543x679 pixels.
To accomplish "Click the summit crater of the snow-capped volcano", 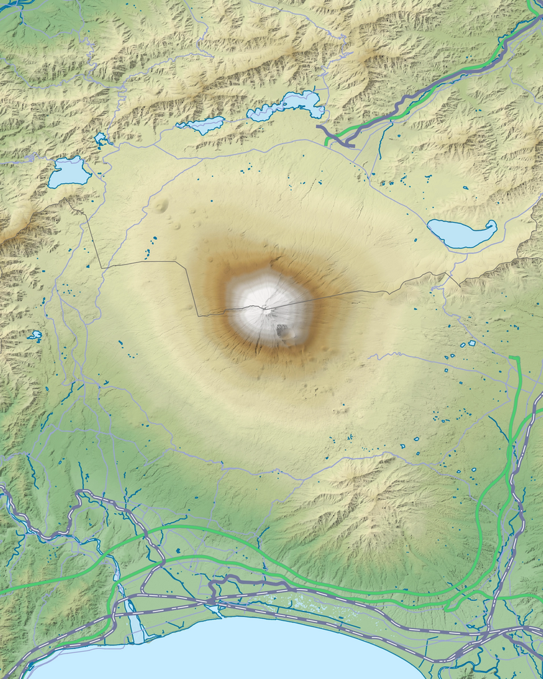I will (x=265, y=307).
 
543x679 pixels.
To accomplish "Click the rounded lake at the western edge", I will (x=69, y=172).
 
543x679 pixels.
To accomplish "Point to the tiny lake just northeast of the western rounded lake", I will (x=101, y=139).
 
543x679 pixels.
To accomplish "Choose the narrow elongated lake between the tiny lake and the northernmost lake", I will (x=202, y=125).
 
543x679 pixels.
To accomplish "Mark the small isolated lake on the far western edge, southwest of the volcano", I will (x=35, y=335).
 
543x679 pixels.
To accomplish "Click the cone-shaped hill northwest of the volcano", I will (x=161, y=206).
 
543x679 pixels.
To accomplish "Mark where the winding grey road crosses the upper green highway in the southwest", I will (x=145, y=534).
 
